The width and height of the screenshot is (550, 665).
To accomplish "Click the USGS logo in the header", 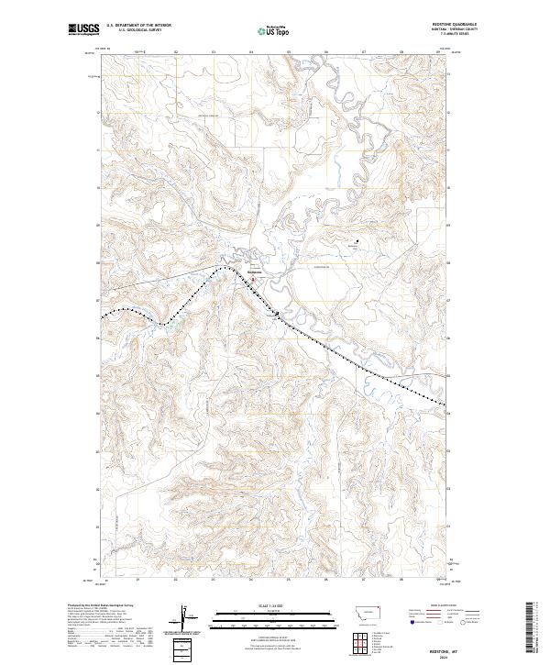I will click(83, 29).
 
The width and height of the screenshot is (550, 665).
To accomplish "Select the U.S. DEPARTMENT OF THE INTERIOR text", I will click(139, 25).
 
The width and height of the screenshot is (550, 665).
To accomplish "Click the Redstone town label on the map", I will click(256, 271).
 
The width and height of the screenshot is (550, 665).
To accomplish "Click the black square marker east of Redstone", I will click(358, 243).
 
